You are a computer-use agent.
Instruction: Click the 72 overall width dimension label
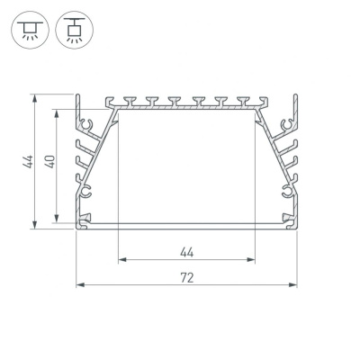click(187, 278)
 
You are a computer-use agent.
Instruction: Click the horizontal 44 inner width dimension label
click(187, 253)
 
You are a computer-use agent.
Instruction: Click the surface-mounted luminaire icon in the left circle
click(30, 30)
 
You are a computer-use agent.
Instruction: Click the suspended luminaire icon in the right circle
click(75, 30)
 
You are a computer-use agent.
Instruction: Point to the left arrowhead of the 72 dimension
click(80, 284)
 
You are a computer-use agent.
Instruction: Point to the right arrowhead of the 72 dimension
click(292, 284)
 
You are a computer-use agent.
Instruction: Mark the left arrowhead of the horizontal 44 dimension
click(122, 259)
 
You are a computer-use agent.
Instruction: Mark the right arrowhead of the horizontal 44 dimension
click(251, 259)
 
